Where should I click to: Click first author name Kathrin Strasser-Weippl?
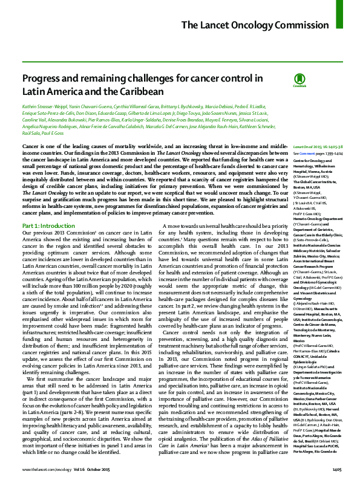(x=44, y=106)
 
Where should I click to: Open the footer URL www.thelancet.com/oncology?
(x=45, y=468)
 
